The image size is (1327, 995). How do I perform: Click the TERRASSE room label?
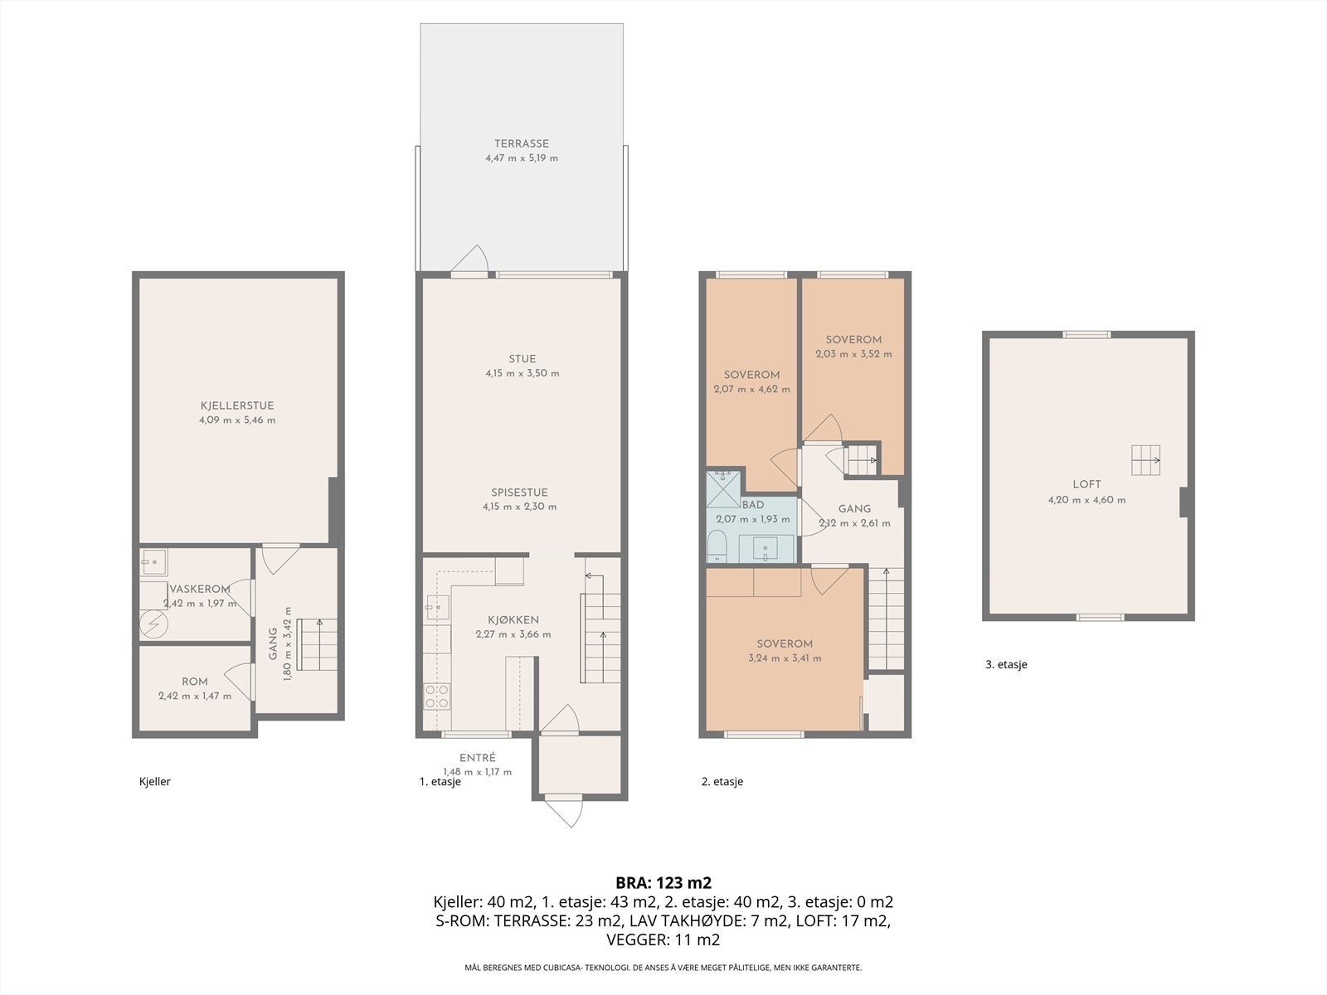click(x=521, y=143)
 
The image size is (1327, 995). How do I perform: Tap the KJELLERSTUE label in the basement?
click(x=237, y=406)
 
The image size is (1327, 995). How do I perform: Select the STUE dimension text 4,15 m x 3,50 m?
click(x=523, y=373)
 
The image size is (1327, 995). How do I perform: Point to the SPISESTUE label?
click(x=519, y=493)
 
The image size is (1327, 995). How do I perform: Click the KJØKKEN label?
click(x=513, y=620)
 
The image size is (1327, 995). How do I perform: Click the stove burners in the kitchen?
click(x=436, y=696)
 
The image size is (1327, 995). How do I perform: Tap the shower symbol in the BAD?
click(x=723, y=489)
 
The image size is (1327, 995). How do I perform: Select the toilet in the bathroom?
click(x=717, y=546)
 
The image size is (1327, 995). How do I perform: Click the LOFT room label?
click(x=1086, y=484)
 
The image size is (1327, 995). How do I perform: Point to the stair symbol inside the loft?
click(x=1145, y=460)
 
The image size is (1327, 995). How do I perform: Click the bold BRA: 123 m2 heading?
click(x=663, y=883)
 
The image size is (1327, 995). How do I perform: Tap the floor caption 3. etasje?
click(x=1006, y=664)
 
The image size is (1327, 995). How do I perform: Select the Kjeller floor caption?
click(x=155, y=781)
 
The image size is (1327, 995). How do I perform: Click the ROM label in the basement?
click(x=195, y=682)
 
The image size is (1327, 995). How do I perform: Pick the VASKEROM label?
click(x=200, y=589)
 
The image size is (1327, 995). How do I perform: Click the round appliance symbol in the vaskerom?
click(x=153, y=624)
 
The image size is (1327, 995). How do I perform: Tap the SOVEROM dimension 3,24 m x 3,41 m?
click(x=785, y=658)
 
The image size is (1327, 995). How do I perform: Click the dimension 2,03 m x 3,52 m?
click(x=853, y=354)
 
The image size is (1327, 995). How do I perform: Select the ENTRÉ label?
click(x=478, y=758)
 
